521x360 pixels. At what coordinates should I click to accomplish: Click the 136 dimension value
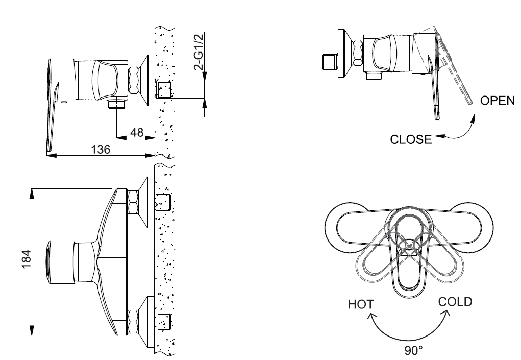101,149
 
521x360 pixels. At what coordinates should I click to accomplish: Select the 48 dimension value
137,132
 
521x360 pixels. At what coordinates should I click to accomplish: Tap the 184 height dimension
27,257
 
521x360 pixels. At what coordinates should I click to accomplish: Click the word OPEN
498,101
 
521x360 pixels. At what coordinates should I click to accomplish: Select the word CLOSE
411,139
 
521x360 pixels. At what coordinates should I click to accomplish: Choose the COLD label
455,302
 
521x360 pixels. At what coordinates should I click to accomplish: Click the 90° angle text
414,351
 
